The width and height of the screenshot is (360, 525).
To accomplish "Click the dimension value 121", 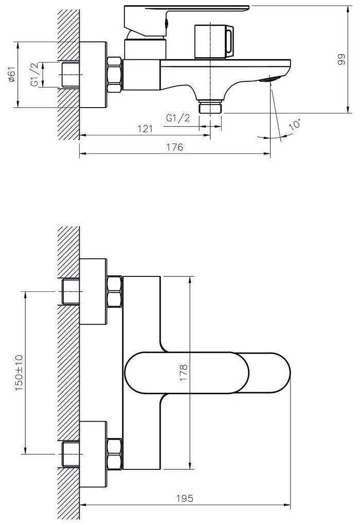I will (145, 129).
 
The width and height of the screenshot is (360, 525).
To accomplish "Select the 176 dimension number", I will (175, 148).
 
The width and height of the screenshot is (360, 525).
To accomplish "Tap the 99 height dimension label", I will (341, 59).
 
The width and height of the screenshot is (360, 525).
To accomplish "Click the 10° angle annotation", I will (295, 125).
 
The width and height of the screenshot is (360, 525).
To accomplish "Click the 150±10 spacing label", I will (20, 372).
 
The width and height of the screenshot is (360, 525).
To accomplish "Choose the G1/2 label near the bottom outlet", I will (178, 118).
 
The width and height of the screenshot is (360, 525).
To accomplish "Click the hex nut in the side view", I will (115, 75).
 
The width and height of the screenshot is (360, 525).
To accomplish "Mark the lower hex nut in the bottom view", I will (114, 453).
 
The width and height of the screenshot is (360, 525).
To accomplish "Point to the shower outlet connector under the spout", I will (210, 107).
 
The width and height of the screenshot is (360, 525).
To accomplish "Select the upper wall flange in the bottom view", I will (94, 291).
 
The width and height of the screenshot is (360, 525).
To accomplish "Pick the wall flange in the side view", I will (93, 75).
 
